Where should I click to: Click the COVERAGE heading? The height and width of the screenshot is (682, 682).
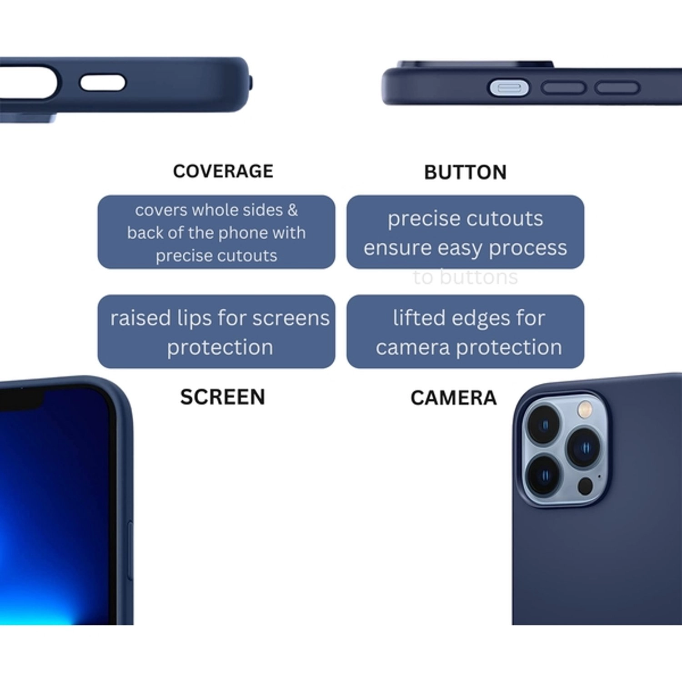[x=223, y=171]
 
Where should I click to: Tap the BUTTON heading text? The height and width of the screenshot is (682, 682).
[x=465, y=172]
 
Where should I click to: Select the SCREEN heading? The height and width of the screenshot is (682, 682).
[x=222, y=397]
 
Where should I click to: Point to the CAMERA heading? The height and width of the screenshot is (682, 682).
[x=453, y=398]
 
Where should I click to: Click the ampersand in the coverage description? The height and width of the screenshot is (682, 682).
[x=292, y=210]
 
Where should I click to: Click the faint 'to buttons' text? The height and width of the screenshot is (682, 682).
[x=465, y=277]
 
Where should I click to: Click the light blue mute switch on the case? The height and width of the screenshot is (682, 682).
[x=509, y=88]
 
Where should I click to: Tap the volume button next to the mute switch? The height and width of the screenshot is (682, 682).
[x=563, y=88]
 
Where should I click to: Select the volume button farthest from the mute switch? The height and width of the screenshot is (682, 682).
[x=617, y=88]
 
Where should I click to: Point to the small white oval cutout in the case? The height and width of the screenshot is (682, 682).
[x=102, y=83]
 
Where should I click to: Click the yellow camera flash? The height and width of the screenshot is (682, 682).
[x=585, y=409]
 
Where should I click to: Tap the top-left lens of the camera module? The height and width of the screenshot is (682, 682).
[x=543, y=424]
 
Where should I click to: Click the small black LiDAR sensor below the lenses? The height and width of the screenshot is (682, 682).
[x=585, y=486]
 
